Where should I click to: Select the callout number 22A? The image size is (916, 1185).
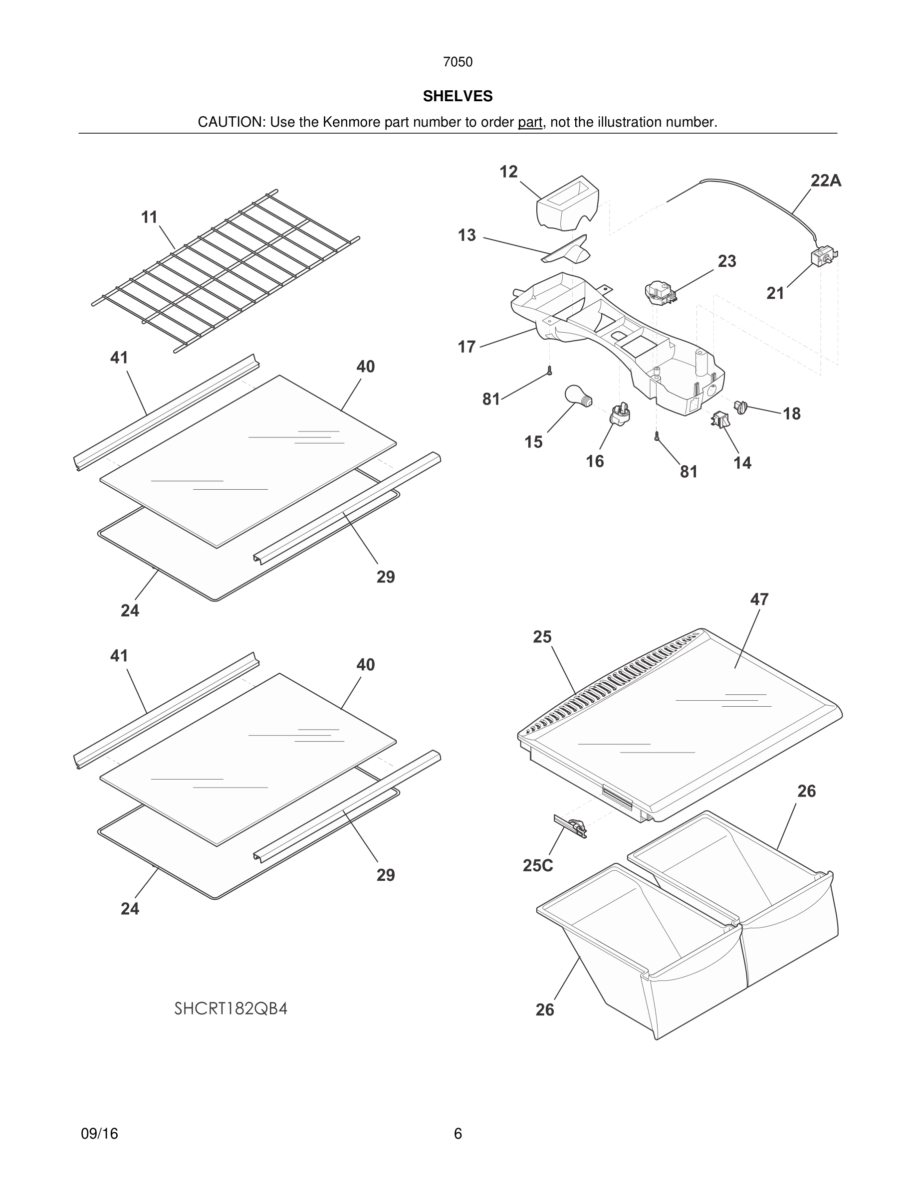pyautogui.click(x=825, y=181)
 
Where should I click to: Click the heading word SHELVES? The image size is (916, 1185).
pyautogui.click(x=458, y=96)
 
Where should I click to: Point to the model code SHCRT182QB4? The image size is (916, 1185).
pyautogui.click(x=230, y=1008)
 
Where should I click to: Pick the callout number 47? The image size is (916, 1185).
pyautogui.click(x=759, y=599)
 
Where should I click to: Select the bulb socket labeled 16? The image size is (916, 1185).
pyautogui.click(x=621, y=414)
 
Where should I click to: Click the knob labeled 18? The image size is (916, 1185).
pyautogui.click(x=741, y=406)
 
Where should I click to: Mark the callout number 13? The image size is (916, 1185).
pyautogui.click(x=466, y=235)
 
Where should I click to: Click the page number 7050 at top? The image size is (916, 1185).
pyautogui.click(x=458, y=62)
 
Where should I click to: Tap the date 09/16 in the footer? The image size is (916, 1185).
pyautogui.click(x=99, y=1134)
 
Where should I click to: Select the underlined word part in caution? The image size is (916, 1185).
pyautogui.click(x=530, y=123)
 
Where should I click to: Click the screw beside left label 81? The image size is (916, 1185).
pyautogui.click(x=550, y=371)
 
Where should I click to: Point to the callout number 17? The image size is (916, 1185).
pyautogui.click(x=466, y=346)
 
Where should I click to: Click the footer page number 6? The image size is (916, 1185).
pyautogui.click(x=458, y=1134)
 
